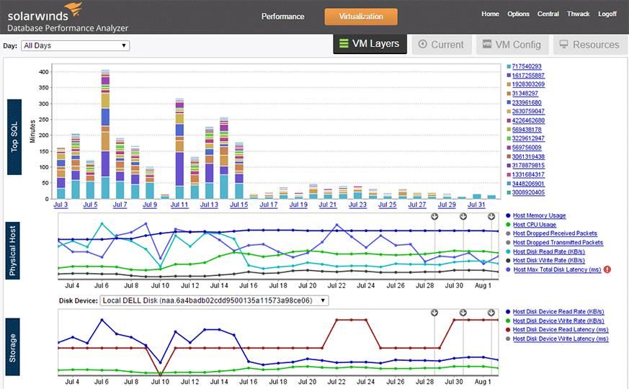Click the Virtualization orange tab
(360, 16)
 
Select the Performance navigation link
(282, 16)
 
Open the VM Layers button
(370, 44)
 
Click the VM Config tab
(511, 45)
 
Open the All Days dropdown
(75, 45)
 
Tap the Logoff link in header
(607, 14)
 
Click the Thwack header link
(578, 14)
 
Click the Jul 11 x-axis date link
(179, 205)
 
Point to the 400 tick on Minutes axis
(44, 72)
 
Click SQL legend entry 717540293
(526, 66)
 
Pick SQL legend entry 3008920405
(528, 192)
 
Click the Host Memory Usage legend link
(539, 215)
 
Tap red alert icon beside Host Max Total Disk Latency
(607, 269)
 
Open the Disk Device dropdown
(214, 300)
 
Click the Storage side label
(14, 347)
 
